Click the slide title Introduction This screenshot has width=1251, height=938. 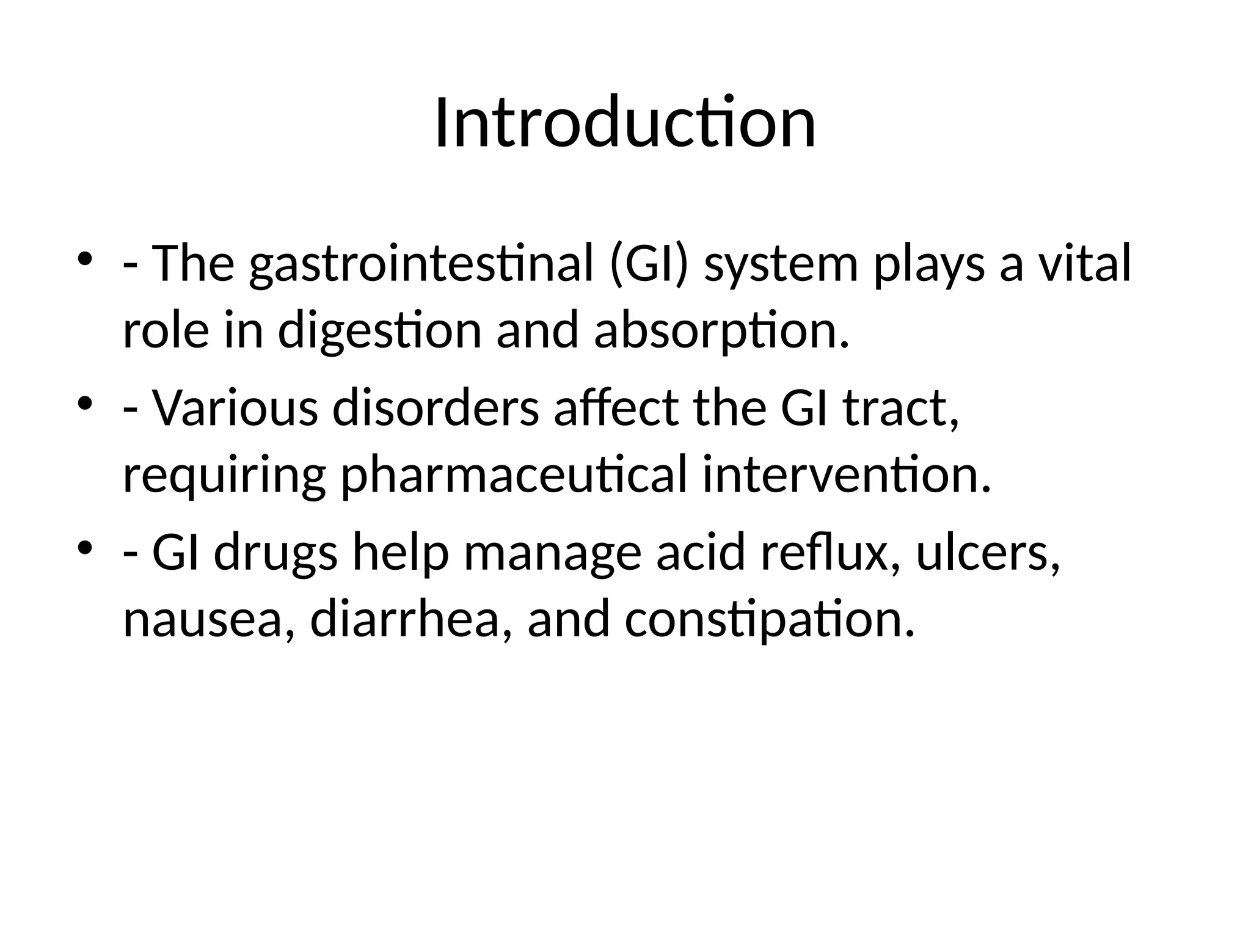[625, 124]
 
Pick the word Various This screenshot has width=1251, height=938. [235, 408]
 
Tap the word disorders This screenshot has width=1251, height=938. [436, 408]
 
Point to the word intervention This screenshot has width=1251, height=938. [845, 475]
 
